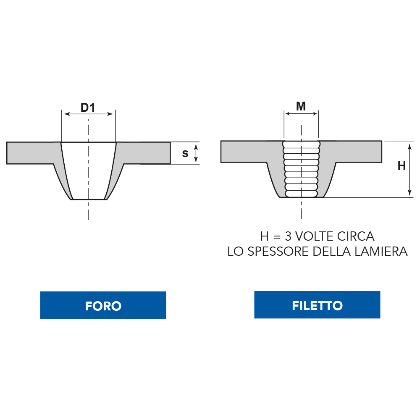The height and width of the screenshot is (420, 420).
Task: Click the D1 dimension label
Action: pyautogui.click(x=88, y=108)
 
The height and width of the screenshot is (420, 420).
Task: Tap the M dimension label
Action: pyautogui.click(x=301, y=106)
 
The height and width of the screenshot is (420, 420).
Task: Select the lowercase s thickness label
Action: pyautogui.click(x=185, y=153)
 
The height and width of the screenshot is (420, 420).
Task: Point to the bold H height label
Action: pyautogui.click(x=402, y=166)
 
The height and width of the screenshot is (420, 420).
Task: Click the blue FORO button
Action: pyautogui.click(x=103, y=305)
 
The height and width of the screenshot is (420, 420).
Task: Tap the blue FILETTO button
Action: pyautogui.click(x=317, y=305)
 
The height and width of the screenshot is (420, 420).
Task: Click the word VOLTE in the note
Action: pyautogui.click(x=315, y=236)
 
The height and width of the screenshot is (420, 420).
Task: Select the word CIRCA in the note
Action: pyautogui.click(x=356, y=236)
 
